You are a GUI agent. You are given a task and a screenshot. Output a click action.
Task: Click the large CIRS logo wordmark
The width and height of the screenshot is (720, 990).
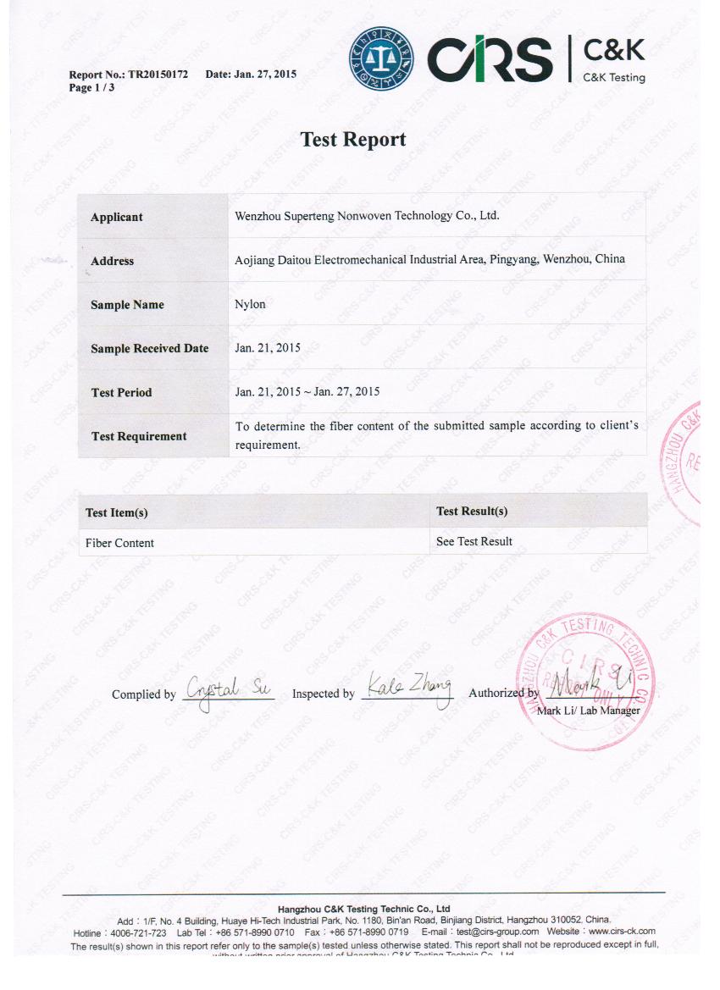coord(489,58)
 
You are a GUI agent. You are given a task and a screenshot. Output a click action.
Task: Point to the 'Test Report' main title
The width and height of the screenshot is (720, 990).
coord(353,140)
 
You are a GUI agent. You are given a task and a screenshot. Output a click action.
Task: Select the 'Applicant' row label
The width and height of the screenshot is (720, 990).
coord(117,218)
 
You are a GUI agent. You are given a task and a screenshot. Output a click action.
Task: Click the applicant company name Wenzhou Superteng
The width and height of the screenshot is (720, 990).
coord(366,216)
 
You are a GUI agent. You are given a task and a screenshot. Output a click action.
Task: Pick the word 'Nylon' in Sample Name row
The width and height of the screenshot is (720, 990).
coord(250,304)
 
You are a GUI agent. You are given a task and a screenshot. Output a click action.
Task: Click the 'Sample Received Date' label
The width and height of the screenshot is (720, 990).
coord(149,349)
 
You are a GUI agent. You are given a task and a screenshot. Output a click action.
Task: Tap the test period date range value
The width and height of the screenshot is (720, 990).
coord(307,392)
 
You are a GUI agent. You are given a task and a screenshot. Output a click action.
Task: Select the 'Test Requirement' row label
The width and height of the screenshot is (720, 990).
coord(139,436)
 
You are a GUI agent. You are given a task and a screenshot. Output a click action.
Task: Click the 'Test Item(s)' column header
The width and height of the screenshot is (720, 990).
coord(117,513)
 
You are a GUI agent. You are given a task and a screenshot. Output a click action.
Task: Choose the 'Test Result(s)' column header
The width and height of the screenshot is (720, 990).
coord(472,512)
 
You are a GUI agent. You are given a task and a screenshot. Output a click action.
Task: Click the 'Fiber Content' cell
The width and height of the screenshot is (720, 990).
coord(119,543)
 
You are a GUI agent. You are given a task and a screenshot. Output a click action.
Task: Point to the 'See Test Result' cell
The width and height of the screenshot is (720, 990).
coord(474,542)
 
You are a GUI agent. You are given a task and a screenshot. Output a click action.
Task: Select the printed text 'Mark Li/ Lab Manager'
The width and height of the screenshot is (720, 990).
coord(588,710)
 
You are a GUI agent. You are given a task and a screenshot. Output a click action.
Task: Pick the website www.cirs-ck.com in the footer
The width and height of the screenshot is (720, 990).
coord(622,932)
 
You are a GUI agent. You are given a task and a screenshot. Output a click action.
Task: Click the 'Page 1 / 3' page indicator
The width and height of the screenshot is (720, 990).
coord(91,87)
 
